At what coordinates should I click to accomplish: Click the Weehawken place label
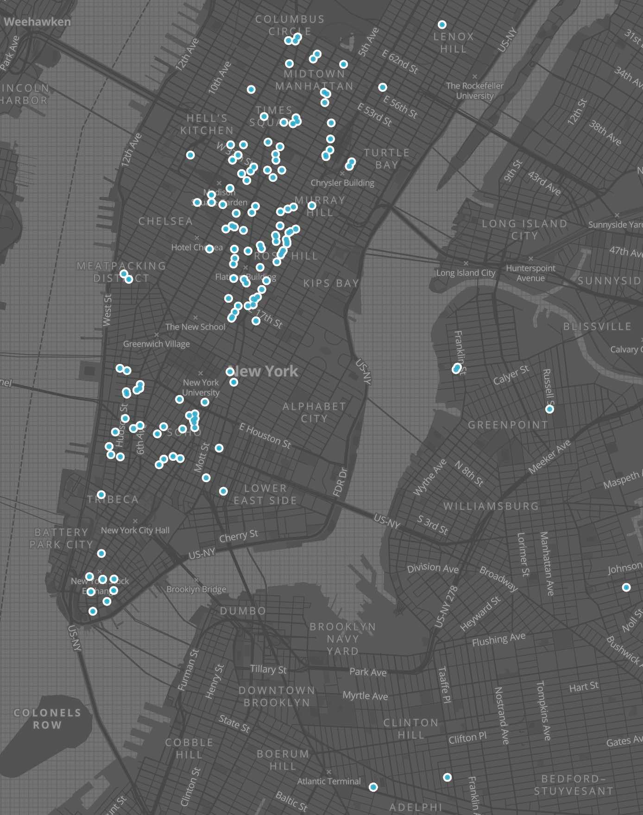pyautogui.click(x=37, y=22)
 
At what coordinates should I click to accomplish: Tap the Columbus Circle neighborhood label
pyautogui.click(x=290, y=25)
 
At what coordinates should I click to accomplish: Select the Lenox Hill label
pyautogui.click(x=454, y=43)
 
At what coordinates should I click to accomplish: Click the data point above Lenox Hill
pyautogui.click(x=442, y=25)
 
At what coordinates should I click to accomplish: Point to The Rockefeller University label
pyautogui.click(x=474, y=90)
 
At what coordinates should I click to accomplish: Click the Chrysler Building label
pyautogui.click(x=342, y=183)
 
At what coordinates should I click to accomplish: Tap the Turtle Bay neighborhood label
pyautogui.click(x=386, y=159)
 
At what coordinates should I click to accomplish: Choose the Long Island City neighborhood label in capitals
pyautogui.click(x=524, y=229)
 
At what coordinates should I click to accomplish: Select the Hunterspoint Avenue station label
pyautogui.click(x=530, y=273)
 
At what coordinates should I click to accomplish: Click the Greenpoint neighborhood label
pyautogui.click(x=508, y=425)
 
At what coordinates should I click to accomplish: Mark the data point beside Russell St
pyautogui.click(x=549, y=409)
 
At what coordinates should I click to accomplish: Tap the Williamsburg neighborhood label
pyautogui.click(x=491, y=506)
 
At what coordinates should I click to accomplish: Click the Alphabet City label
pyautogui.click(x=314, y=412)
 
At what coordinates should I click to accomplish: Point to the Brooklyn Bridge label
pyautogui.click(x=196, y=589)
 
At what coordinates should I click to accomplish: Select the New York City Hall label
pyautogui.click(x=135, y=530)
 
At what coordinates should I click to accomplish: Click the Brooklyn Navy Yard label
pyautogui.click(x=343, y=639)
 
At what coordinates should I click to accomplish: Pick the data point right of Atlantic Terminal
pyautogui.click(x=373, y=787)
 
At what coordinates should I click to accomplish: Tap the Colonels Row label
pyautogui.click(x=47, y=719)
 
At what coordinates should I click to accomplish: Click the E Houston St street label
pyautogui.click(x=265, y=436)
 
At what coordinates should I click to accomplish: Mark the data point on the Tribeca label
pyautogui.click(x=101, y=495)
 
